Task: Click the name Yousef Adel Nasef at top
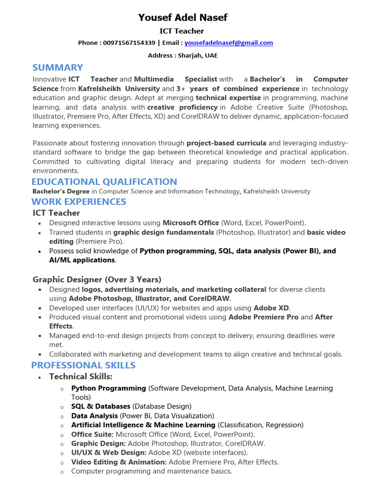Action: pos(183,18)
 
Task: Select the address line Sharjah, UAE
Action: pos(183,56)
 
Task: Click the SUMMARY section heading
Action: pos(58,68)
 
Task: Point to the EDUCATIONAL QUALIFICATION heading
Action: pos(104,182)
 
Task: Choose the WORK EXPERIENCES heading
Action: pos(79,202)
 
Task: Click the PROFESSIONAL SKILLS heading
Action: pos(83,366)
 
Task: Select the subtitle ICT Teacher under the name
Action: pos(182,31)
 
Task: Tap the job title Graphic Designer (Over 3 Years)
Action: pos(97,279)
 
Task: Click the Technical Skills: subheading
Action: pos(81,377)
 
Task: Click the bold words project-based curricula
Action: pos(226,143)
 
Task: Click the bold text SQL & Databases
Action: pos(101,407)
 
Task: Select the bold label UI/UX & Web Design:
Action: pos(109,453)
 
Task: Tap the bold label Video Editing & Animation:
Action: pos(119,462)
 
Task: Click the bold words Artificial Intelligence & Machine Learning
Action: pos(143,425)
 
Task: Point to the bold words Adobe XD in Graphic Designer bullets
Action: pos(271,308)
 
